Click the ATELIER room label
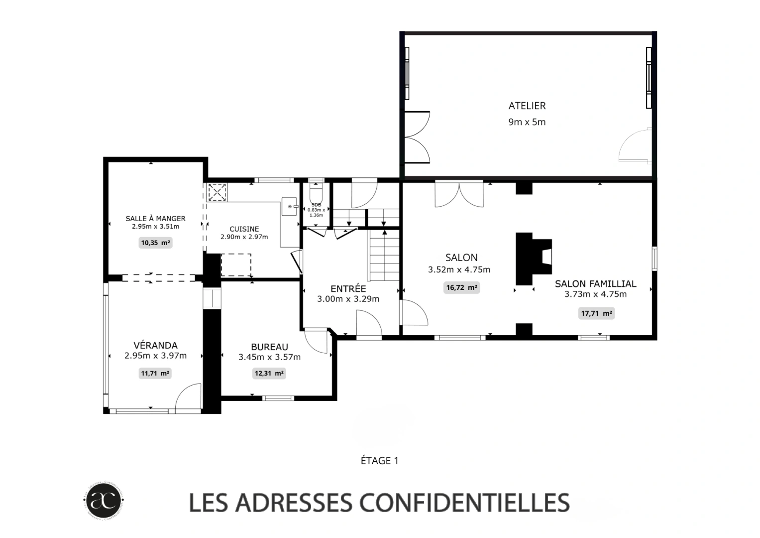527,106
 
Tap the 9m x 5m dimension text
527,122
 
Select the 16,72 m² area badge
461,287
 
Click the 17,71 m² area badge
596,313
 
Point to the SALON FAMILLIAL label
595,283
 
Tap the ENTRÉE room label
348,289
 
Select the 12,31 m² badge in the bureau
269,373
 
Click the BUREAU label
269,347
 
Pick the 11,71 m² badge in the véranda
155,373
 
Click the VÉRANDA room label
155,345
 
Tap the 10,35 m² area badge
155,243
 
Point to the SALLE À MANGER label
155,218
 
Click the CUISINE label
244,229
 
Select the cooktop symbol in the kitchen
217,192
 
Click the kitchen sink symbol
290,206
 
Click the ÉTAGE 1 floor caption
380,461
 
